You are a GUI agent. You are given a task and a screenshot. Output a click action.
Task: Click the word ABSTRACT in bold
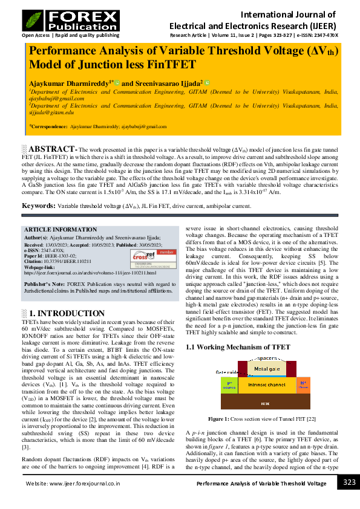52,149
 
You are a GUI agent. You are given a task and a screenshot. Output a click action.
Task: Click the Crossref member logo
148,256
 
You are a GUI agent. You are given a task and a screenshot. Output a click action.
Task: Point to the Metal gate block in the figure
266,368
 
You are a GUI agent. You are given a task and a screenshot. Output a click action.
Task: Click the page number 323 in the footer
349,482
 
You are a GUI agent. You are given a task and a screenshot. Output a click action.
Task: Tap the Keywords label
39,206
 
